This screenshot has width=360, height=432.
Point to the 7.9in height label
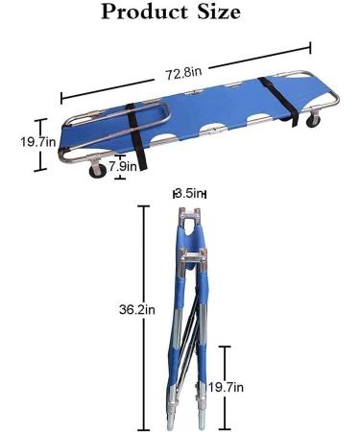click(124, 166)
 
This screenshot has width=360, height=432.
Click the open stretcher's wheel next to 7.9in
click(98, 171)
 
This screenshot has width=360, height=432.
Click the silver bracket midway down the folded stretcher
click(190, 256)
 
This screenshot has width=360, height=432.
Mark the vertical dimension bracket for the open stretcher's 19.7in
click(39, 144)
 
